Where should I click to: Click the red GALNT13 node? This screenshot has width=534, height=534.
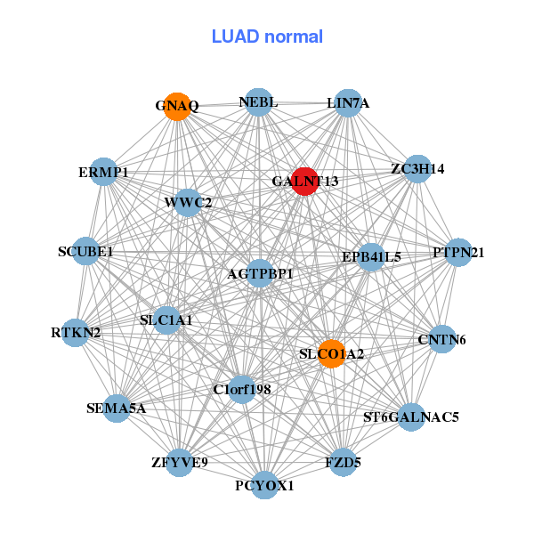[305, 182]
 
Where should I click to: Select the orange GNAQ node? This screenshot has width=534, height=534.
[178, 106]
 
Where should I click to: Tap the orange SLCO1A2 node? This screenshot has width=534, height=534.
[331, 353]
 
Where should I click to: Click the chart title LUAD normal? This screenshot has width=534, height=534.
[267, 36]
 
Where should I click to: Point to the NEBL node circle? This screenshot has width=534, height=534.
[257, 102]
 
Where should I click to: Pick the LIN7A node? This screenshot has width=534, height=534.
[348, 103]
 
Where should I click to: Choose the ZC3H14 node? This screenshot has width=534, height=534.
[417, 168]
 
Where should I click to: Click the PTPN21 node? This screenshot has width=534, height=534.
[458, 253]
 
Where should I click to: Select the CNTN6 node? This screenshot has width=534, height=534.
[442, 339]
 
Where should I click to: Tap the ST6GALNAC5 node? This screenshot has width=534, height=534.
[410, 416]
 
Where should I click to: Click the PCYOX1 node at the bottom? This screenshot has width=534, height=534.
[264, 485]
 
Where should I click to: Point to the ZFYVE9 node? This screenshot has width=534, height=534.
[180, 462]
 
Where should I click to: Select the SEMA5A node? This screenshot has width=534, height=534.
[117, 409]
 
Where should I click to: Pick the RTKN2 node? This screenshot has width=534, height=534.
[76, 333]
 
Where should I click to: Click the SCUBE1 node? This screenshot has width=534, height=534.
[85, 252]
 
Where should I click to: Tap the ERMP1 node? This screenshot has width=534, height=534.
[104, 172]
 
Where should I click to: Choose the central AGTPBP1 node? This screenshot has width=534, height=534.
[260, 273]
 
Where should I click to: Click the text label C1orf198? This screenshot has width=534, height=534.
[242, 390]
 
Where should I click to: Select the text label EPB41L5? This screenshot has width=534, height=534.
[371, 257]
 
